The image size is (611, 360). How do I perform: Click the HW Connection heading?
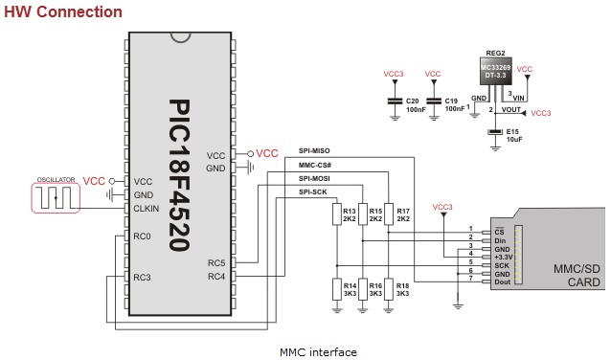click(62, 11)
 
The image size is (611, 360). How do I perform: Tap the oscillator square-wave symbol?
click(56, 197)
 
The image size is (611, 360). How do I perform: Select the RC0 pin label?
click(142, 236)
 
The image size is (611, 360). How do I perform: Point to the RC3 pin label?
click(142, 278)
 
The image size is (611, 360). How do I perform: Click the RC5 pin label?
click(215, 263)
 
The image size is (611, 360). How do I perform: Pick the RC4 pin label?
click(215, 278)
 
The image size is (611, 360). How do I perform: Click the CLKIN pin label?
click(146, 208)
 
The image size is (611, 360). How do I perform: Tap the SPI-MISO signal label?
click(314, 151)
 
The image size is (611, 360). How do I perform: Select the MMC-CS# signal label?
click(314, 165)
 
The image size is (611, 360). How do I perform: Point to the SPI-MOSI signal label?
click(314, 178)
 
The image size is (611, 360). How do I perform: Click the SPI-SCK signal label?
click(312, 191)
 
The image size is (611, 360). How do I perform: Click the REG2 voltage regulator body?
click(496, 73)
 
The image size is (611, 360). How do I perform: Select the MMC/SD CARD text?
click(577, 276)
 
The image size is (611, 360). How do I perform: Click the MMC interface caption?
click(318, 351)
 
